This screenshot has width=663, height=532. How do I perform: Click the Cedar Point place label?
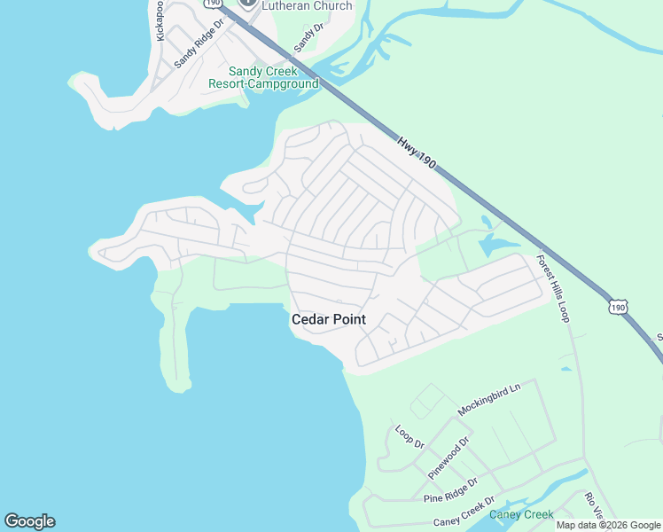[x=329, y=319]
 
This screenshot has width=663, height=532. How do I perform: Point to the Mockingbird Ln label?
[x=488, y=399]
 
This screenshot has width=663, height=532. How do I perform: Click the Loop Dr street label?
[x=409, y=436]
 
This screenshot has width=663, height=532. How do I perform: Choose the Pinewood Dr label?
[x=448, y=458]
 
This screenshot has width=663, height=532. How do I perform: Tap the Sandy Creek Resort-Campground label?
[x=263, y=78]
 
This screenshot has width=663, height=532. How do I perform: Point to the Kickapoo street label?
[x=160, y=20]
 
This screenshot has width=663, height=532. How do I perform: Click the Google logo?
[x=29, y=521]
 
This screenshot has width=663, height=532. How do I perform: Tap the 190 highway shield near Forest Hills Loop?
[x=618, y=307]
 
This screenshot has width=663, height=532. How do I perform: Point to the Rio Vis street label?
[x=593, y=505]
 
